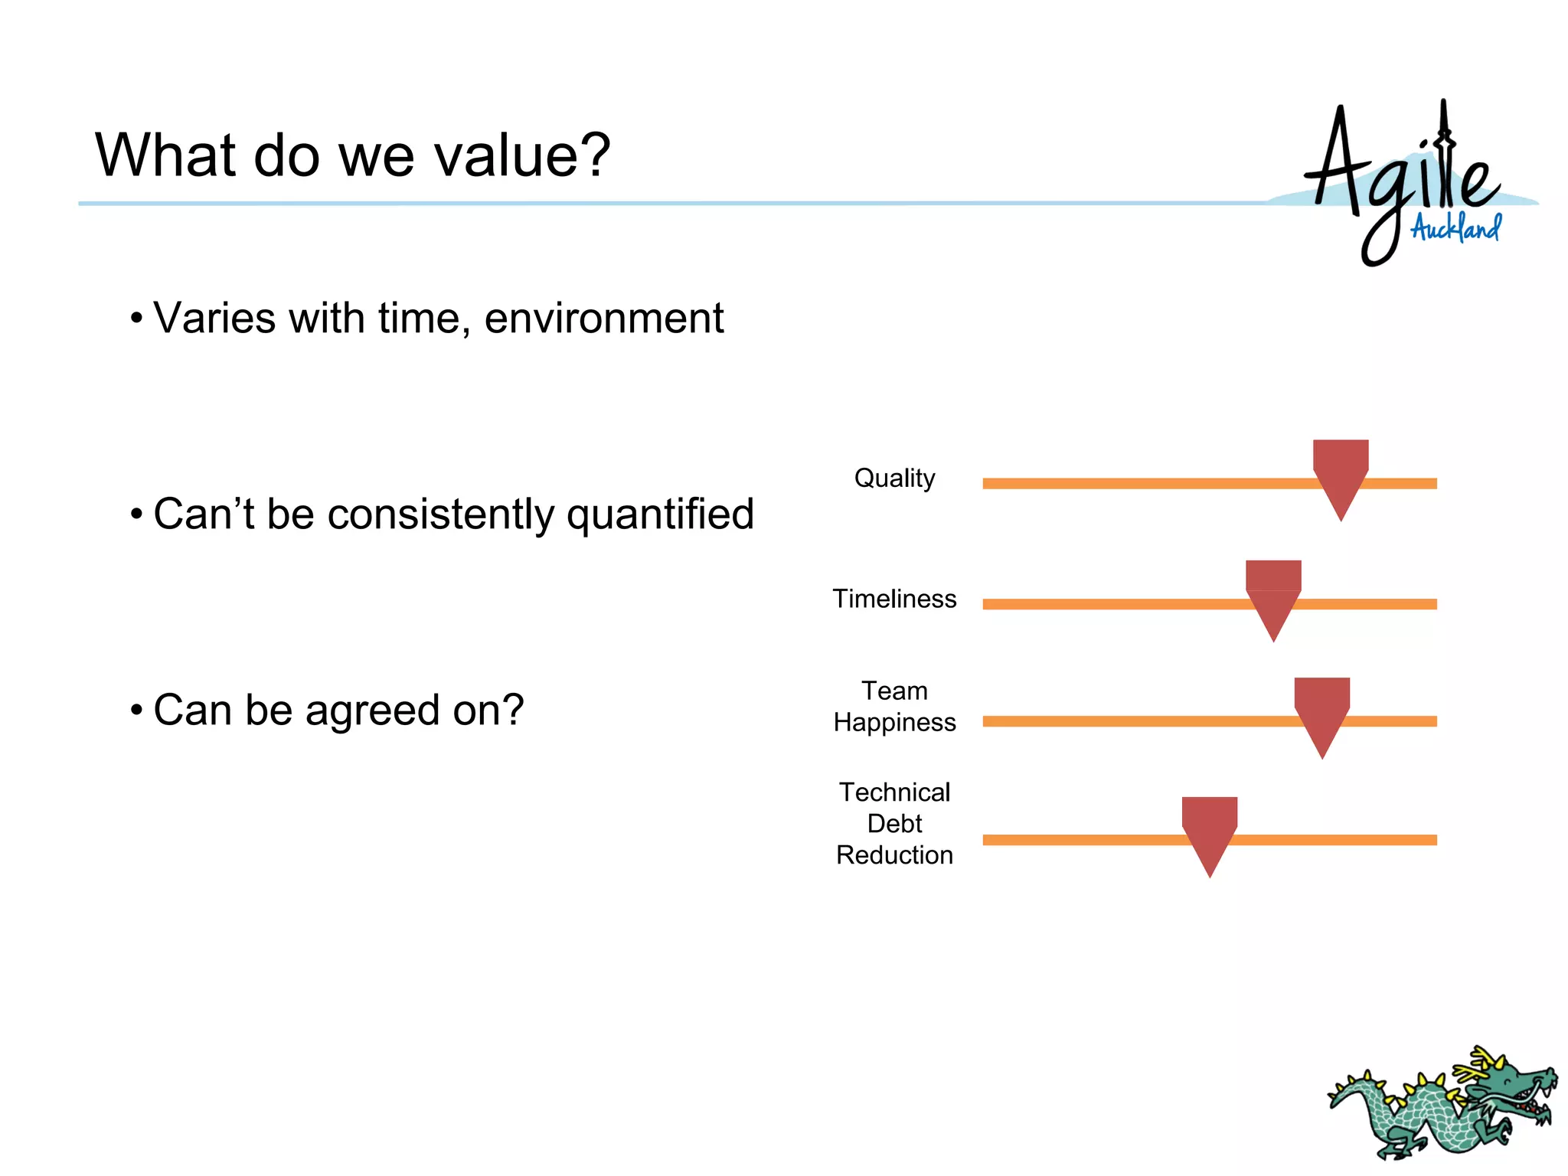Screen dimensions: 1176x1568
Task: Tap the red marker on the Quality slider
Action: coord(1341,471)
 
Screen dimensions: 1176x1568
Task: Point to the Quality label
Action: coord(894,479)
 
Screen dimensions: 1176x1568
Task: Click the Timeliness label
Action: coord(894,599)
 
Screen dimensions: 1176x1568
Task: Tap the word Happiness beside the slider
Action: coord(894,723)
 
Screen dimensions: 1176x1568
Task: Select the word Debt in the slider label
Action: coord(894,824)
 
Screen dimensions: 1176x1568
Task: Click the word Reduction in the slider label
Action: coord(894,855)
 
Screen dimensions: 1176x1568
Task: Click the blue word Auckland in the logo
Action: coord(1455,228)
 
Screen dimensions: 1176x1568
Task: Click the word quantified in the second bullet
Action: coord(660,514)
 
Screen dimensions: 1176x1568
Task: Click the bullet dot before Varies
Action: coord(136,318)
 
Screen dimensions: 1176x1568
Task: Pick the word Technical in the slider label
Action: coord(894,792)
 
